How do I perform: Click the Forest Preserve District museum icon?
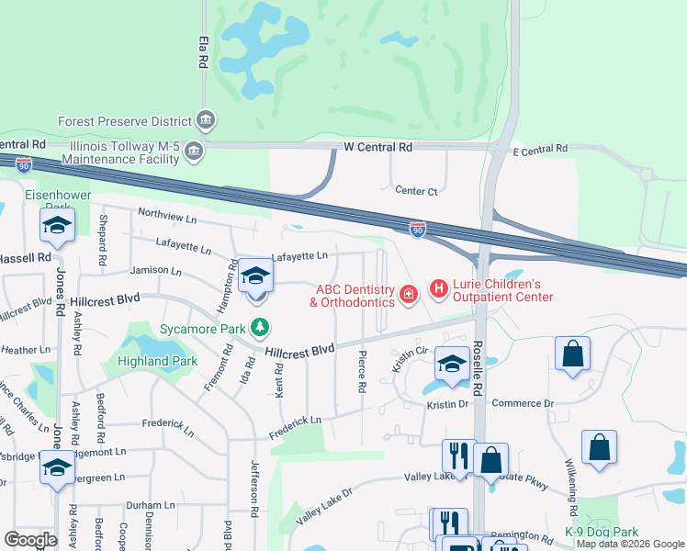click(206, 120)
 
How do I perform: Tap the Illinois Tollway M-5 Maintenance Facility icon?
click(193, 151)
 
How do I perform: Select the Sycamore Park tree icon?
click(262, 327)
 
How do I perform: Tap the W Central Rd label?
click(378, 147)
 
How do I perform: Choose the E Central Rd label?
click(541, 149)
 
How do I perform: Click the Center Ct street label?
click(416, 191)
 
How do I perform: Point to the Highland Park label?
click(157, 361)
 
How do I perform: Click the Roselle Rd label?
click(477, 369)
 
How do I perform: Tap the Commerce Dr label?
click(524, 403)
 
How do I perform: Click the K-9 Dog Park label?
click(602, 532)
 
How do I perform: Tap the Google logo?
click(30, 539)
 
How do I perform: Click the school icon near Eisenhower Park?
click(57, 226)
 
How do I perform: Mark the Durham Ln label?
click(150, 505)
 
